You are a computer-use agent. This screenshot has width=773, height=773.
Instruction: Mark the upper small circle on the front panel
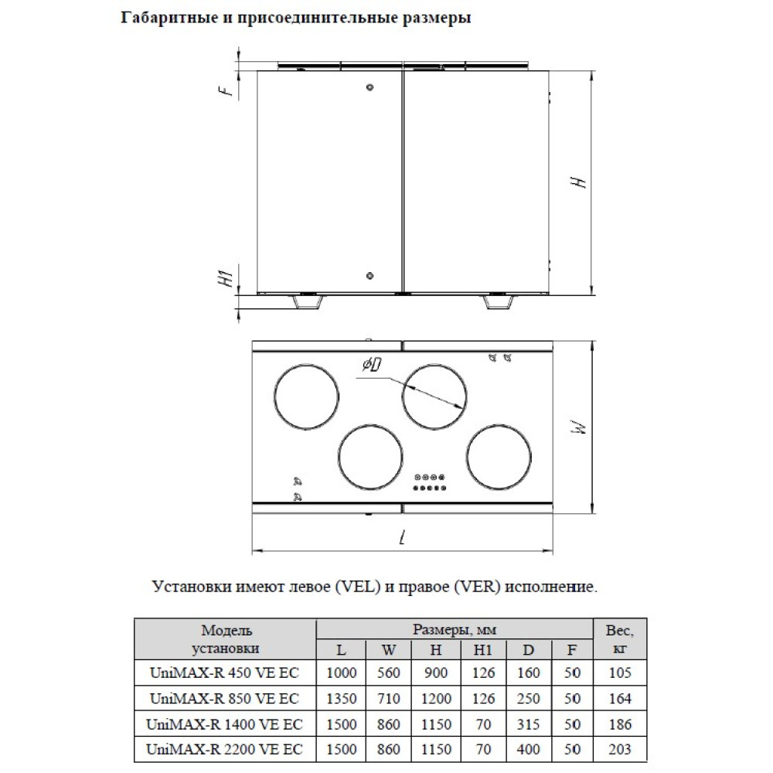pyautogui.click(x=369, y=87)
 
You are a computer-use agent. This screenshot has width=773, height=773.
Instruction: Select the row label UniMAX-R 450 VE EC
pyautogui.click(x=223, y=673)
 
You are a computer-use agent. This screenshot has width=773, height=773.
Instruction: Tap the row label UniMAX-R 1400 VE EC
pyautogui.click(x=223, y=724)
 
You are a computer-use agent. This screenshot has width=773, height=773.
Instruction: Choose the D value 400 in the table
pyautogui.click(x=529, y=748)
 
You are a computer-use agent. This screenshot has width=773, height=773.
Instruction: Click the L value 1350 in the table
pyautogui.click(x=342, y=699)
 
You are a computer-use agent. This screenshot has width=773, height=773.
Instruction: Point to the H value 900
pyautogui.click(x=436, y=673)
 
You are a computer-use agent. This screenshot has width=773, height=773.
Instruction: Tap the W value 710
pyautogui.click(x=389, y=699)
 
